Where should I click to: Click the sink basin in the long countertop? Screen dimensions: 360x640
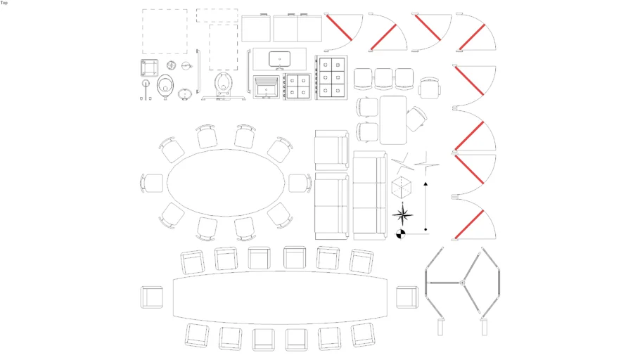[280, 58]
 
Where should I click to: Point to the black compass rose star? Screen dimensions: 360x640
[402, 212]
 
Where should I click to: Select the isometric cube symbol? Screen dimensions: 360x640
[401, 188]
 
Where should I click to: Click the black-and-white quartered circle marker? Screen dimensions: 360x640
[401, 234]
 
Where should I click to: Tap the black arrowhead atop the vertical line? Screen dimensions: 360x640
[425, 184]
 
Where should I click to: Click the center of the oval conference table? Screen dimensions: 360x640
[227, 183]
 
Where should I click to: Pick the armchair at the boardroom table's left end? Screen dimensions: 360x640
[152, 297]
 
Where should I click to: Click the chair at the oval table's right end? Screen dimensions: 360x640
[300, 183]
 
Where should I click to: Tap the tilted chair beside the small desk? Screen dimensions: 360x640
[416, 117]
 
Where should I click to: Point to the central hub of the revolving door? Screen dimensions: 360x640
[463, 283]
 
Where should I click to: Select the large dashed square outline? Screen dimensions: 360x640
[165, 32]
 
